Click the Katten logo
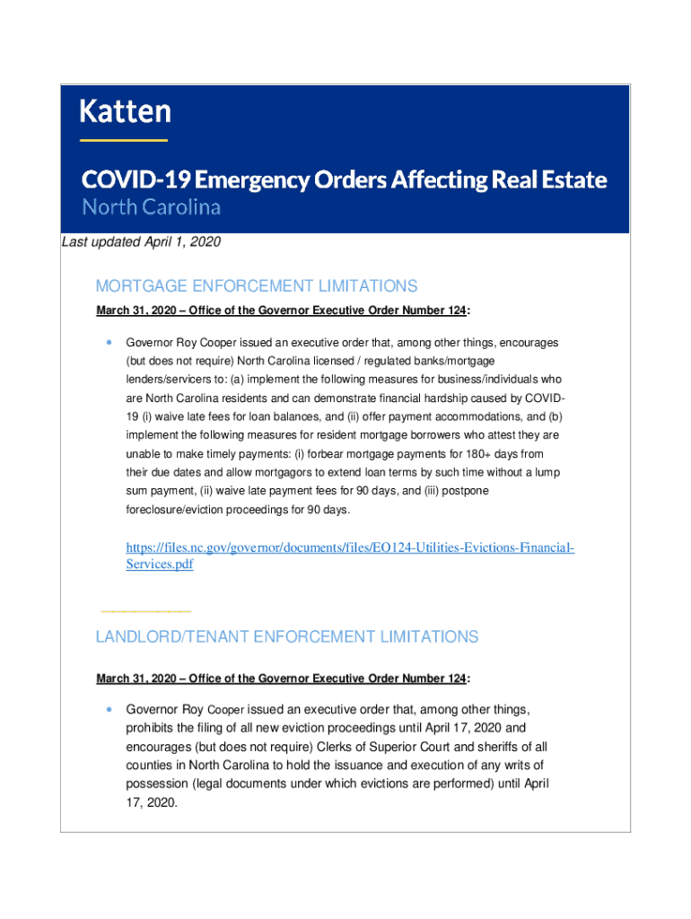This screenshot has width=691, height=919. coord(125,111)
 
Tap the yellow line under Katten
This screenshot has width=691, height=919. coord(124,140)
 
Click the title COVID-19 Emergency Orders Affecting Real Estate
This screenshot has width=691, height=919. coord(344,179)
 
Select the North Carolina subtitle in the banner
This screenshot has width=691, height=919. coord(151,207)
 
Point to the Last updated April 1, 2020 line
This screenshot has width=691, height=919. coord(141,242)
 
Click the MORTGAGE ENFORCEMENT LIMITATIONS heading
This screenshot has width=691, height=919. coord(257,286)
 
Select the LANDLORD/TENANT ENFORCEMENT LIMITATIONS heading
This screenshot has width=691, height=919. coord(287,637)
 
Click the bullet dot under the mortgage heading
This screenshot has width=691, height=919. coord(109,342)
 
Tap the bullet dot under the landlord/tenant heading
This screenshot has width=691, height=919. coord(109,707)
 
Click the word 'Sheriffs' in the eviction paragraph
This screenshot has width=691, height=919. coord(506,746)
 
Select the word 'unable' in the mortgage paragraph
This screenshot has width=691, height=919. coord(143,454)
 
